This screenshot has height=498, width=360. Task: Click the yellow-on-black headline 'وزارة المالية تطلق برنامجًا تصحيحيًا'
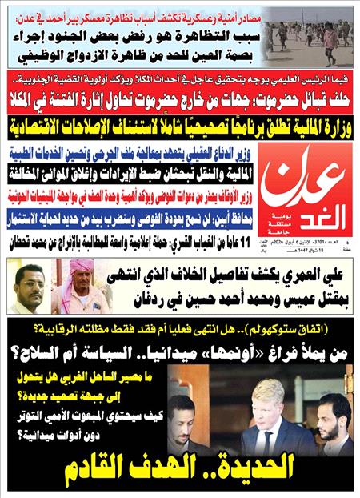pos(179,127)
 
